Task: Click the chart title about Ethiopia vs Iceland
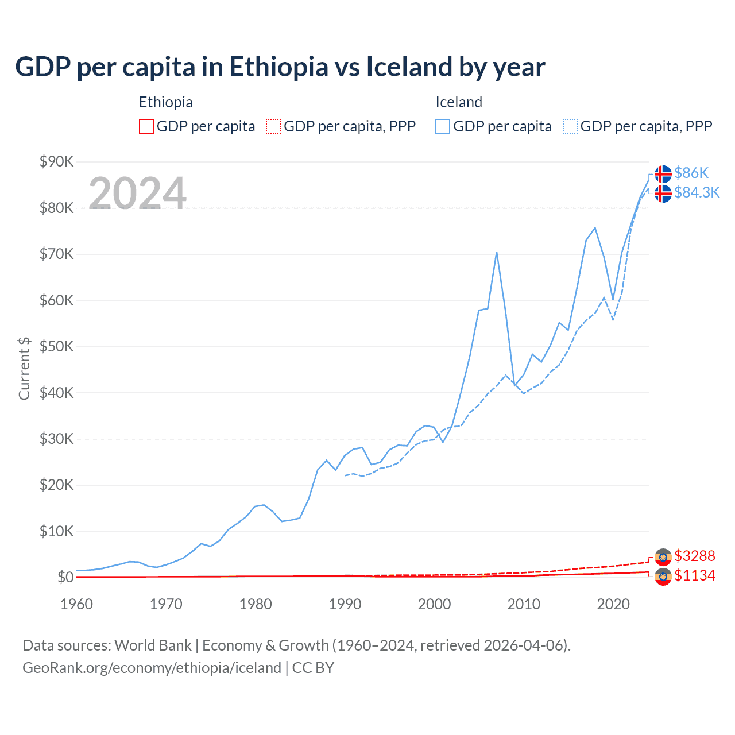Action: [x=280, y=67]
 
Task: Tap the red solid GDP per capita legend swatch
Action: [x=146, y=126]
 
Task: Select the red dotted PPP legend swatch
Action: [x=273, y=126]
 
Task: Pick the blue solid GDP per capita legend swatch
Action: [x=443, y=126]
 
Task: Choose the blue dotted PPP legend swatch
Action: [x=570, y=126]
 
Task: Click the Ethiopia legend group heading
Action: [x=165, y=102]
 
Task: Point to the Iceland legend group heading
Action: [x=459, y=102]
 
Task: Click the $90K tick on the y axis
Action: [x=56, y=161]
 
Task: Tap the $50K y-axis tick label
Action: [x=56, y=346]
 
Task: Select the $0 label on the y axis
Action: [x=65, y=577]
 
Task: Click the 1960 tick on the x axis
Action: [x=76, y=604]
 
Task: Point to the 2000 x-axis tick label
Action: [x=435, y=604]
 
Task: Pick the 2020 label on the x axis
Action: [x=613, y=604]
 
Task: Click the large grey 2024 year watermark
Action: [x=137, y=194]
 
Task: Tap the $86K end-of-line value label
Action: [x=691, y=173]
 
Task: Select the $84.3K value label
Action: [x=697, y=192]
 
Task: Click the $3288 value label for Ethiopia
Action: [x=695, y=556]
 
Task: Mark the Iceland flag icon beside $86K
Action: [x=663, y=173]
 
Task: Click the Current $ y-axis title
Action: [x=24, y=368]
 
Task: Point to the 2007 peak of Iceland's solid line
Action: [x=496, y=252]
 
